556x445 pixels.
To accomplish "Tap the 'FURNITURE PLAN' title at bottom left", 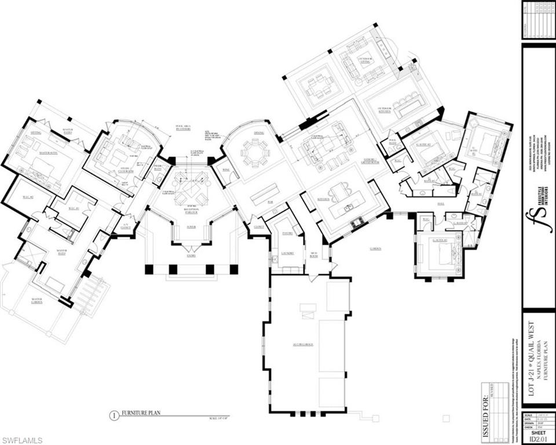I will point(140,414).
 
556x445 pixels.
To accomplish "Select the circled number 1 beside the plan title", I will point(114,414).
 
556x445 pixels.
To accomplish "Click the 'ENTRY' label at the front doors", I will point(191,255).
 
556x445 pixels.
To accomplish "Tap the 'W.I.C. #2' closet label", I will point(27,197).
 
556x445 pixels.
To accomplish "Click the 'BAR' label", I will point(270,203).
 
